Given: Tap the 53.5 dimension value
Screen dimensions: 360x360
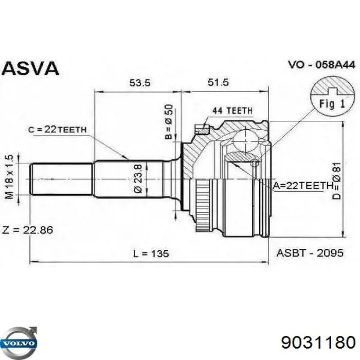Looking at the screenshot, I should (x=137, y=83).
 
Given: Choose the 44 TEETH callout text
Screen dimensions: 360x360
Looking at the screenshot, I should (x=232, y=96).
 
